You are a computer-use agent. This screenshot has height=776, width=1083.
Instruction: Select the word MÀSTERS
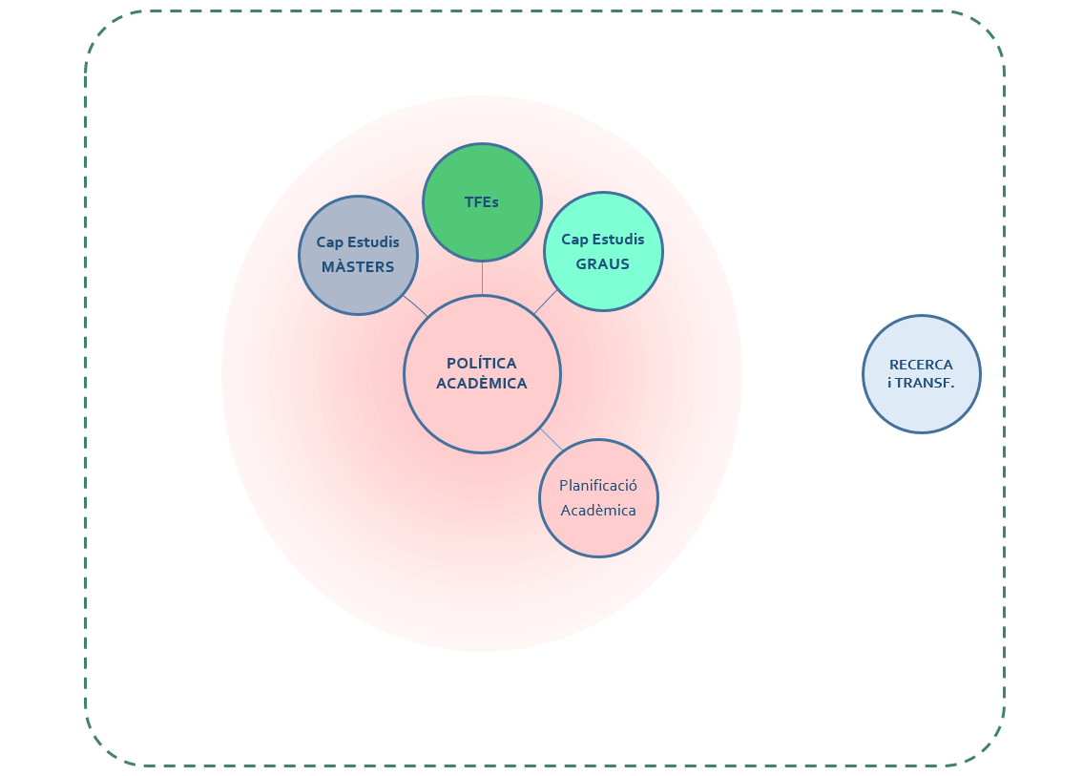point(358,267)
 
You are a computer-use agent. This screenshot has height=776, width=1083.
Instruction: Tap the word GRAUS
point(602,264)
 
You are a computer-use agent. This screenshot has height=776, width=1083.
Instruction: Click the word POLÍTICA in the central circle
point(482,363)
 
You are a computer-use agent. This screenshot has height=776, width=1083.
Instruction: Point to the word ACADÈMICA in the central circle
point(482,384)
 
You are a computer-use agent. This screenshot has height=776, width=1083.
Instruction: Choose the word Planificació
point(598,486)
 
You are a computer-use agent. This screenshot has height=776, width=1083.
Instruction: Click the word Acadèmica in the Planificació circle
point(598,511)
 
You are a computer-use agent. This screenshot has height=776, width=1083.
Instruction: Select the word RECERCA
point(921,365)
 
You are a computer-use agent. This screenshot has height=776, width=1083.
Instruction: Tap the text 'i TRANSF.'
point(921,384)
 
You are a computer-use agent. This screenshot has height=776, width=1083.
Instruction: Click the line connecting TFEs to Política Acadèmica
point(482,278)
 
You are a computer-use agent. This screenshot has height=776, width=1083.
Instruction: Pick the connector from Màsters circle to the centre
point(415,305)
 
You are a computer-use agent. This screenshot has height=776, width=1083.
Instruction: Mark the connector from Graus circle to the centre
point(545,302)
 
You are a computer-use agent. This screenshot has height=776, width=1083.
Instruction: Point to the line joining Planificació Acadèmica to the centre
point(552,440)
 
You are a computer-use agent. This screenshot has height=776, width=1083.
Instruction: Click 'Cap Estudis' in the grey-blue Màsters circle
point(358,242)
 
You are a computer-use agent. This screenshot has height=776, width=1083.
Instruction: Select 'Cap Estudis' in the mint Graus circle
point(602,240)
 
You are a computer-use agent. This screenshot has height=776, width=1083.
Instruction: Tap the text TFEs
point(482,202)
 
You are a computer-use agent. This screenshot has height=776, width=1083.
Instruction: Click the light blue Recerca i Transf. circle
point(921,410)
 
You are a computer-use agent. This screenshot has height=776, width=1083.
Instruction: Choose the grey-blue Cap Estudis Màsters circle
point(358,291)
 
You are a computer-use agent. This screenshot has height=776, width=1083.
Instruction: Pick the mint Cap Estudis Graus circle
point(602,288)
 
